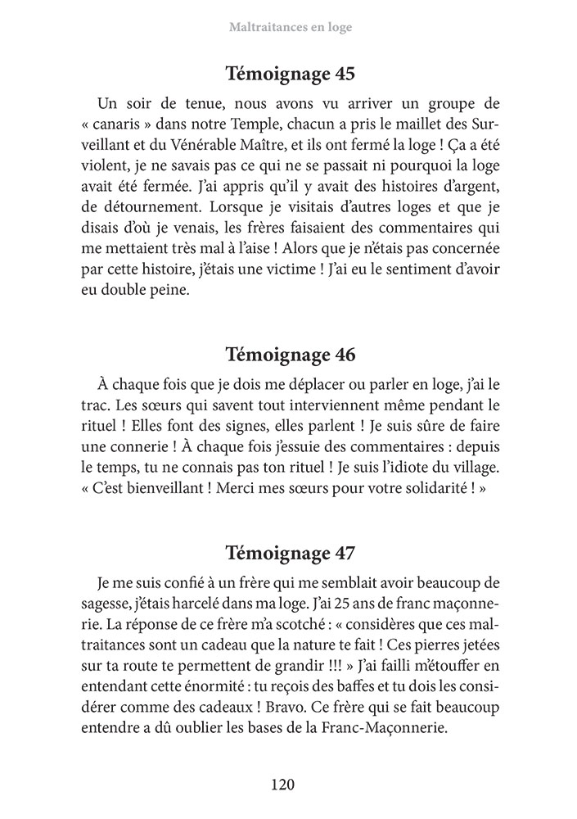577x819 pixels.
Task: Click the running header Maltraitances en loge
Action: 288,27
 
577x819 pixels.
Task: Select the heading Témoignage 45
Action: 289,75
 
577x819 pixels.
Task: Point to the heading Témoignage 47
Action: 289,551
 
